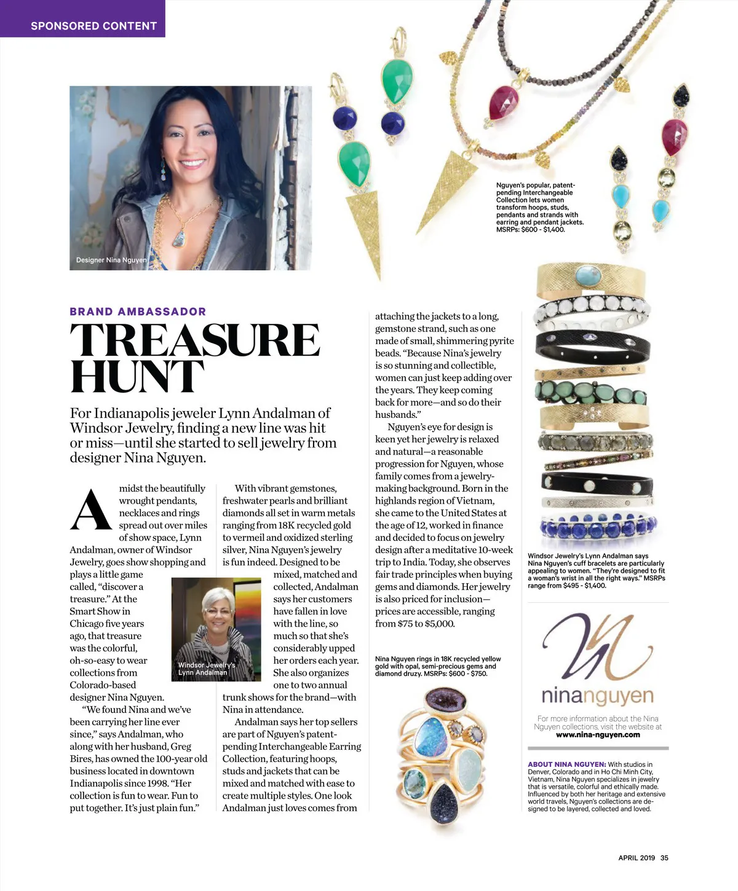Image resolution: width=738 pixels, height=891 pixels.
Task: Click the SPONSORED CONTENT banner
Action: [x=93, y=26]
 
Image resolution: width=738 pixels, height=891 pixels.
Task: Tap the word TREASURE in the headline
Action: [x=194, y=340]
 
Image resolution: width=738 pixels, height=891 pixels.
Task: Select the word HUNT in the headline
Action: [x=137, y=376]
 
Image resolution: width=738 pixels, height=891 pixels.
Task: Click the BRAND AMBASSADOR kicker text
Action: [x=138, y=312]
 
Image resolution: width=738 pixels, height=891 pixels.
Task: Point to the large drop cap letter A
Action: [x=92, y=510]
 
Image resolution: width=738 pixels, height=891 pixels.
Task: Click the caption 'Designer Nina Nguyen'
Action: [x=111, y=260]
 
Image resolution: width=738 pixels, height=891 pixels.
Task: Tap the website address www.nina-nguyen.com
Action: [x=598, y=734]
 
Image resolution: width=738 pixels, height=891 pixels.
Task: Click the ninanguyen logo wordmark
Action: [x=597, y=696]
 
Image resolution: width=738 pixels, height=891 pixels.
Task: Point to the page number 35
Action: [x=664, y=858]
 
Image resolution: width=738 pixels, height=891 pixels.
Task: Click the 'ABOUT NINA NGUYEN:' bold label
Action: [x=566, y=764]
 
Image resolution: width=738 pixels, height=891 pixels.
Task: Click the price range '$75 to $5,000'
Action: [x=423, y=624]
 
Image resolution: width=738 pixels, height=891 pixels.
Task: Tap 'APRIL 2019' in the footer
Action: [x=637, y=858]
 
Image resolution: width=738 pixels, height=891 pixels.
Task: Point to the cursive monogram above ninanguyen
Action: [x=593, y=645]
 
